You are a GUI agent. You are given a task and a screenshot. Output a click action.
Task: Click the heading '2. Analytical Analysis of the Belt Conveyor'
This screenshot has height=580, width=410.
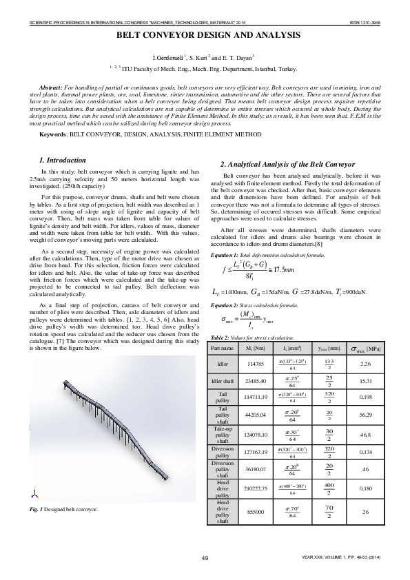287,165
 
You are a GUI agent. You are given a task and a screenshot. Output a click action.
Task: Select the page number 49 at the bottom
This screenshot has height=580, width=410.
205,557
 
